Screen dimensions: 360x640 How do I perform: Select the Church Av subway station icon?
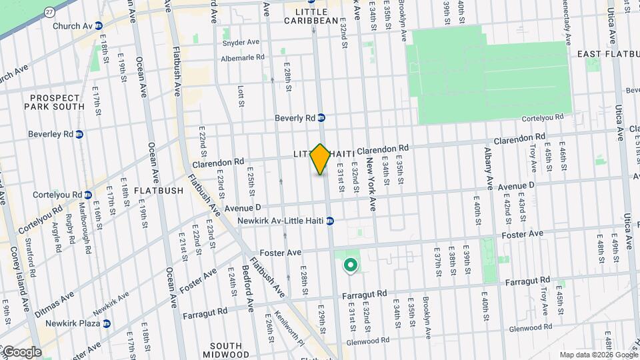coord(99,26)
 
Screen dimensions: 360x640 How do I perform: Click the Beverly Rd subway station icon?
coord(321,118)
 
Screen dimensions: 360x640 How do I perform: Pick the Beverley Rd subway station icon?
coord(79,134)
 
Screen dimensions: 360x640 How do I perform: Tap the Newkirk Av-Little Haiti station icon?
coord(330,221)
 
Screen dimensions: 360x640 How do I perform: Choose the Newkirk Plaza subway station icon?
coord(106,323)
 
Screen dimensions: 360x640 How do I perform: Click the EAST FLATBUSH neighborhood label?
coord(606,53)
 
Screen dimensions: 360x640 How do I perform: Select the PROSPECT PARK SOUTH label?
coord(56,101)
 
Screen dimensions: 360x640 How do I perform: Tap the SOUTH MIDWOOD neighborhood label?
coord(230,350)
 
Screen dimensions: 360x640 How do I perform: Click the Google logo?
coord(21,352)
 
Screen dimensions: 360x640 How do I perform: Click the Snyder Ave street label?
coord(241,41)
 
